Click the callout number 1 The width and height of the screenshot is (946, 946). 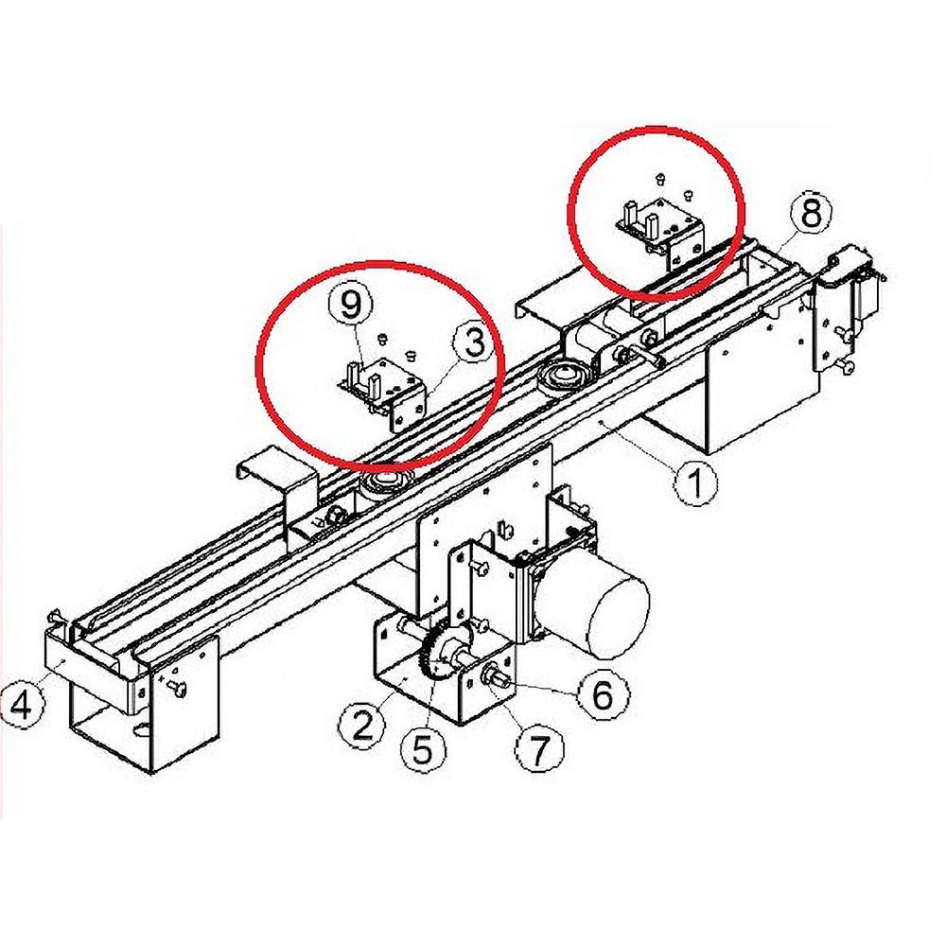coord(695,482)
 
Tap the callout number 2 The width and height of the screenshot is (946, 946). coord(361,725)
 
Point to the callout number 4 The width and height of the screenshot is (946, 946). coord(23,704)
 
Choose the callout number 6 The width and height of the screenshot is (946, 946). coord(604,695)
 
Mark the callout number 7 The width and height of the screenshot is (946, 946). coord(539,747)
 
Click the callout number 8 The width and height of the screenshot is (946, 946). coord(812,213)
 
